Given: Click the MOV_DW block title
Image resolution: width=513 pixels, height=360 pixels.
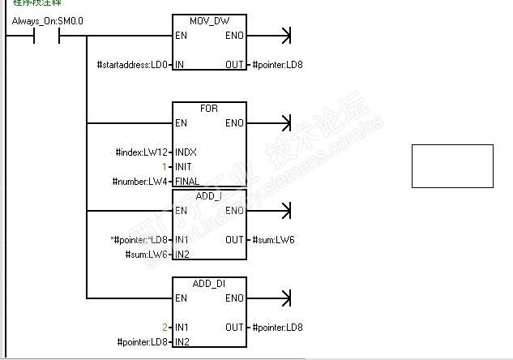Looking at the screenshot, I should click(x=209, y=20).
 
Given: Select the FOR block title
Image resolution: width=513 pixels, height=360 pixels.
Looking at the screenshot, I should click(x=209, y=108).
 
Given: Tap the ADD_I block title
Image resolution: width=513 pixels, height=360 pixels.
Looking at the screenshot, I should click(x=209, y=195).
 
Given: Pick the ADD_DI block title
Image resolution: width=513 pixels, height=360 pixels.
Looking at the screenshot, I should click(x=209, y=283).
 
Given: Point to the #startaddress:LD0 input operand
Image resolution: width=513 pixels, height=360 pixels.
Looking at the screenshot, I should click(x=132, y=64).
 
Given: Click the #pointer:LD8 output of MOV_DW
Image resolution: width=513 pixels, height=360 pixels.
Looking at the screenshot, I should click(x=278, y=64).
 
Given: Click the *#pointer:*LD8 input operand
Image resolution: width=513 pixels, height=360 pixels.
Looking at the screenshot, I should click(x=139, y=239).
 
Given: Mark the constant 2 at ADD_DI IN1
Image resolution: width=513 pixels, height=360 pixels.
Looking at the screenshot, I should click(x=165, y=327).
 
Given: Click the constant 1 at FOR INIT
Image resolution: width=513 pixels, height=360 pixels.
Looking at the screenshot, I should click(x=165, y=166).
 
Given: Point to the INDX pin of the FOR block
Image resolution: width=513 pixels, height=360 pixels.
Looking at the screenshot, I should click(x=186, y=152).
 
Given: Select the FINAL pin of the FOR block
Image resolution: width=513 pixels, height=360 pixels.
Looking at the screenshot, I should click(x=187, y=181).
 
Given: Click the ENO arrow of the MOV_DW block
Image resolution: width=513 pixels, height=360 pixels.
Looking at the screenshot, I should click(x=283, y=36).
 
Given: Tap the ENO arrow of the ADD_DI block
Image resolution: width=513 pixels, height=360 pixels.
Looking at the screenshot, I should click(x=283, y=298).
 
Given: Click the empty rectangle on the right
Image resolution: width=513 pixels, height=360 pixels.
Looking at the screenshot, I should click(x=452, y=166).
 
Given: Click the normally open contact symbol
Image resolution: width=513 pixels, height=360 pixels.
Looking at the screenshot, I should click(x=45, y=36).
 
